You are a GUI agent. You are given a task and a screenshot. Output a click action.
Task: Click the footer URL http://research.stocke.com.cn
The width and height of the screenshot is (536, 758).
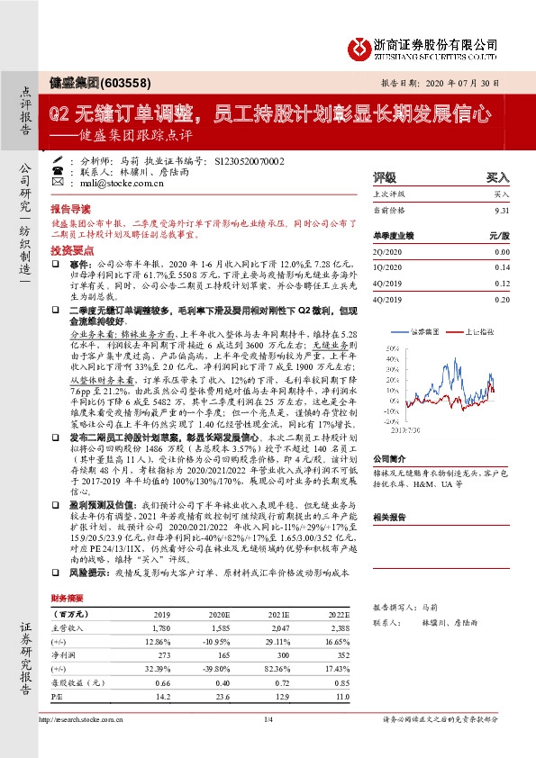pos(78,744)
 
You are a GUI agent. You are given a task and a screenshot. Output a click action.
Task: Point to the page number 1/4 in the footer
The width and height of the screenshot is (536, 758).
pos(267,744)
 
